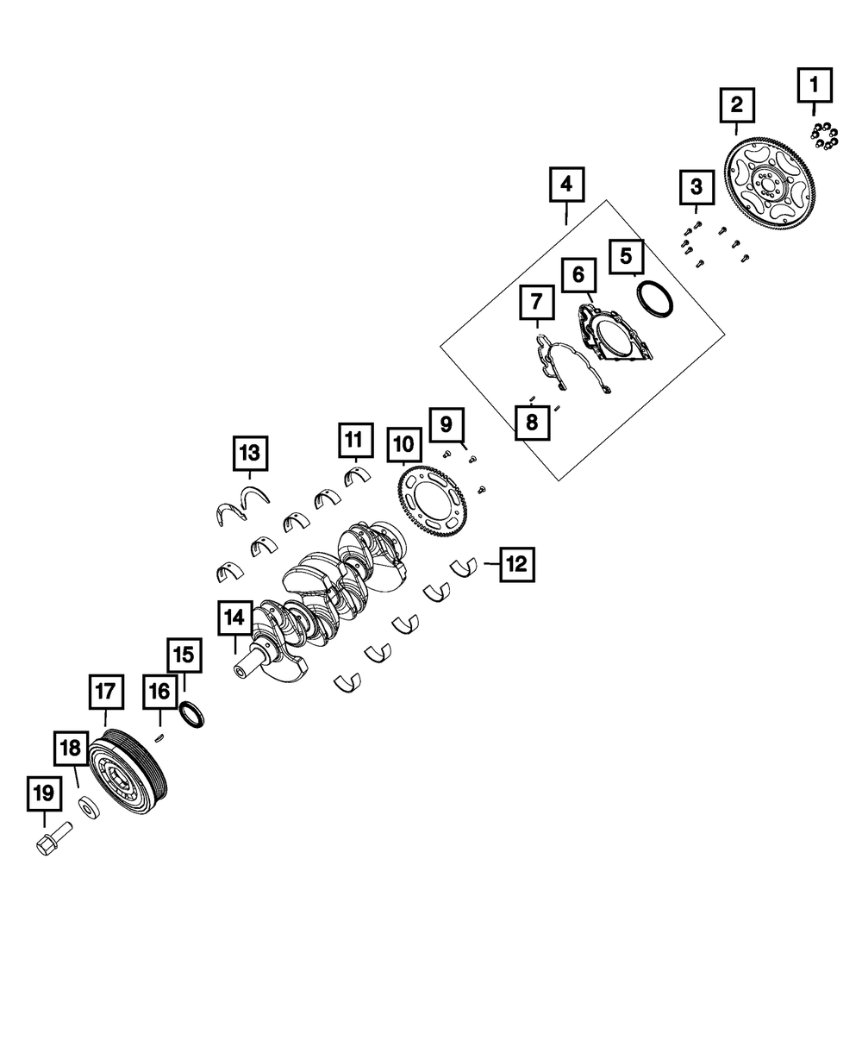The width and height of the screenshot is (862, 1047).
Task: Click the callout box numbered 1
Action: (814, 85)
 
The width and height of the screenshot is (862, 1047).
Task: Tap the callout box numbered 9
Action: (446, 424)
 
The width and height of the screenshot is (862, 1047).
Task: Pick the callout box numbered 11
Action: (354, 439)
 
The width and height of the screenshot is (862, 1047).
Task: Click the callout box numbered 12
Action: (515, 565)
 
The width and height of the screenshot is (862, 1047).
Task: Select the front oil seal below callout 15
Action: (192, 715)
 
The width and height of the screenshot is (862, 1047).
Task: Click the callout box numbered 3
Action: (696, 186)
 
